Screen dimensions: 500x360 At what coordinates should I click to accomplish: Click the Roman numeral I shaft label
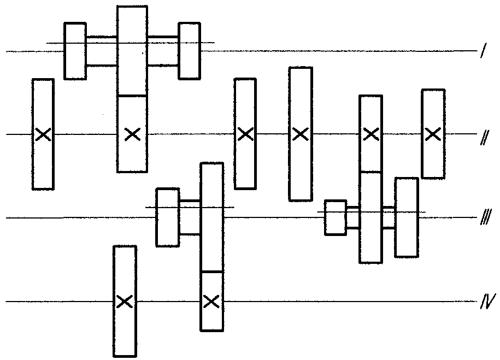484,50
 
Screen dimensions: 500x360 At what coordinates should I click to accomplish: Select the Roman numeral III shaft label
486,217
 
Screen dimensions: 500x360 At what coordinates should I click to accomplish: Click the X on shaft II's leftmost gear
43,134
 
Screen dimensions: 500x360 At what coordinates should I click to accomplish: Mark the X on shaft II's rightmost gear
433,134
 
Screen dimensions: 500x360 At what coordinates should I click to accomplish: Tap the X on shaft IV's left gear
125,302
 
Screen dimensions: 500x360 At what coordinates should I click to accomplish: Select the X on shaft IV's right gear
211,302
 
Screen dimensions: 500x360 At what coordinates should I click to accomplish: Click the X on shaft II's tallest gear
300,134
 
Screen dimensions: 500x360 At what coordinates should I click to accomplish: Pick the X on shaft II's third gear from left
245,134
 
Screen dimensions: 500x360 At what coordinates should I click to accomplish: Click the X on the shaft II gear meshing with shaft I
132,134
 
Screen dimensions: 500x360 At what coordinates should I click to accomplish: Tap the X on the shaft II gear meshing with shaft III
371,134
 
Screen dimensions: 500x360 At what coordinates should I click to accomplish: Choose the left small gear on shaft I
75,51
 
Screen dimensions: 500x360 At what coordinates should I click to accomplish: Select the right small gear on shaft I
189,51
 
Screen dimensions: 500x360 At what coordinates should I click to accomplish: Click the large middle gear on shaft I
132,50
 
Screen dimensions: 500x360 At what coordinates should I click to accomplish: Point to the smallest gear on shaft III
336,218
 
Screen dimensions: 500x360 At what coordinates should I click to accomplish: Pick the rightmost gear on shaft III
406,217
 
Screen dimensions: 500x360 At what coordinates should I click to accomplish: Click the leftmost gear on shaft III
167,217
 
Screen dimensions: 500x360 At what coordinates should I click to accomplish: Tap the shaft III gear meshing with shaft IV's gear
211,217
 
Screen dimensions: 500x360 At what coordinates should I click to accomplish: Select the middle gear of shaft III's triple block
370,217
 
